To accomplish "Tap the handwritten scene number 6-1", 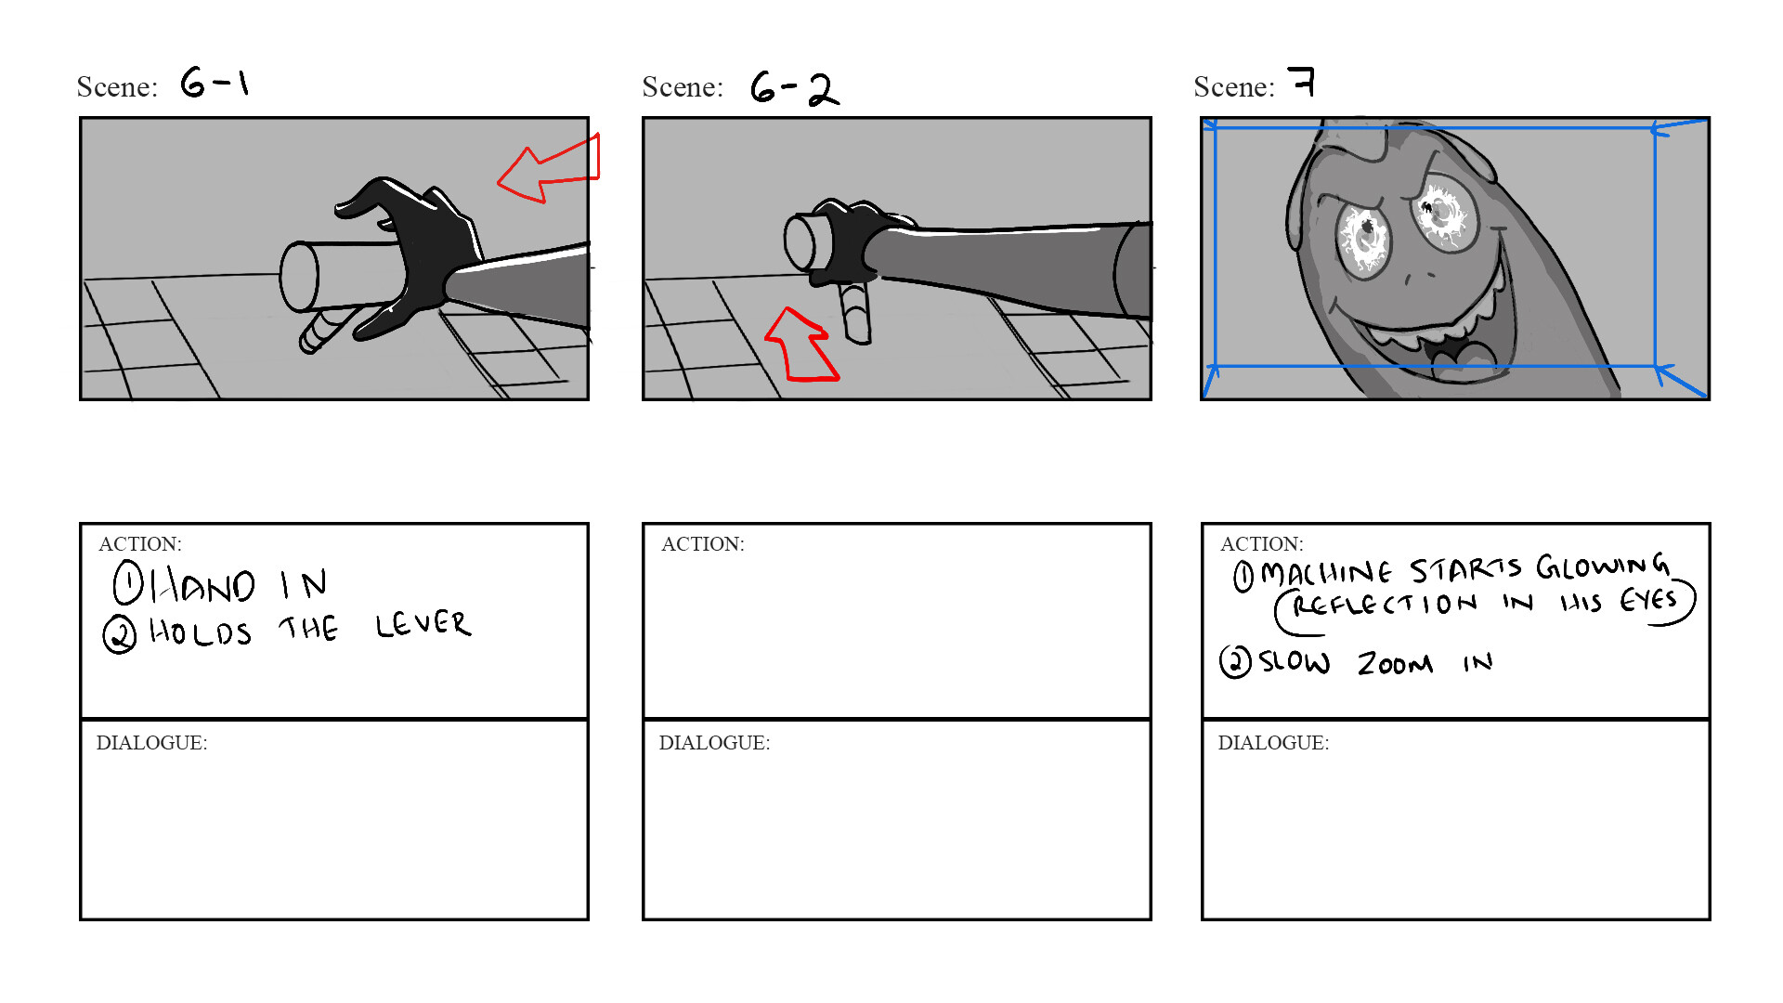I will pyautogui.click(x=215, y=83).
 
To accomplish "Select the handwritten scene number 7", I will pyautogui.click(x=1302, y=82).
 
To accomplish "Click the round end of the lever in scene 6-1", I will pyautogui.click(x=299, y=276).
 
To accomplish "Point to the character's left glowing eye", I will pyautogui.click(x=1363, y=237).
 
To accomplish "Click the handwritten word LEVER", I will pyautogui.click(x=423, y=624).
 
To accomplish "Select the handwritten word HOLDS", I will pyautogui.click(x=201, y=632).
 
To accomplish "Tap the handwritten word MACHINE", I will pyautogui.click(x=1326, y=573).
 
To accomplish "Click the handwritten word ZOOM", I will pyautogui.click(x=1395, y=663).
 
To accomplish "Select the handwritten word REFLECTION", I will pyautogui.click(x=1384, y=605).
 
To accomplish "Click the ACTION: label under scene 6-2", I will pyautogui.click(x=702, y=544).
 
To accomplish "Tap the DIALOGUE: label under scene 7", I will pyautogui.click(x=1272, y=743).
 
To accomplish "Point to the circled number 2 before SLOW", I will pyautogui.click(x=1235, y=661).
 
